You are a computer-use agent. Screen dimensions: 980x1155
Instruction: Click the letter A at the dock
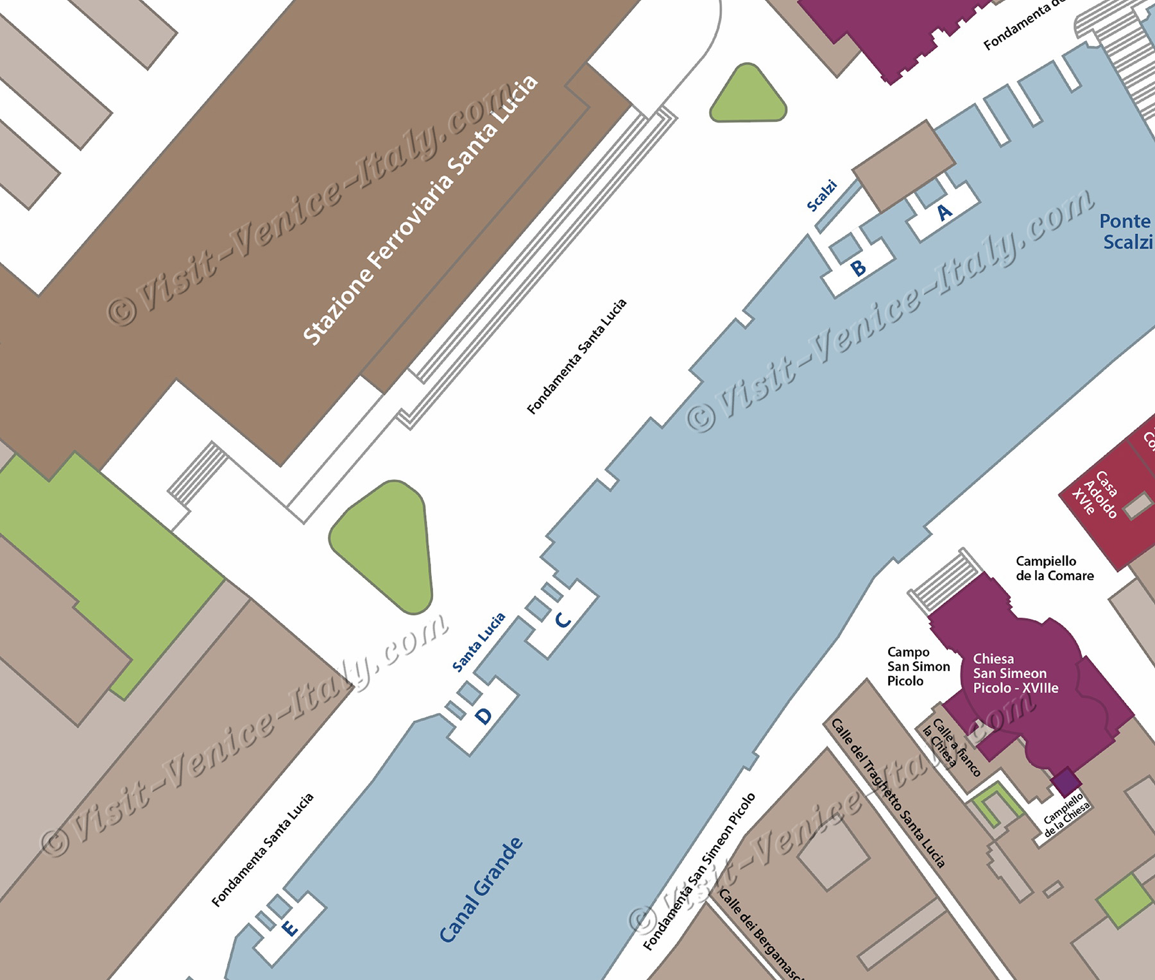point(945,212)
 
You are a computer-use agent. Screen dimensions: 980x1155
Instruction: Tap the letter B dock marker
point(859,268)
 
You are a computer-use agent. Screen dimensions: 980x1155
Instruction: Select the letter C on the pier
point(563,620)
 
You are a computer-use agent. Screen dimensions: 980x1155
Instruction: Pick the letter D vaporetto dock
point(484,716)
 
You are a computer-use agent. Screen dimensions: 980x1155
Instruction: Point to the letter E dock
point(290,928)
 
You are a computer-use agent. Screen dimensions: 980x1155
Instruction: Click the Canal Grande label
point(481,890)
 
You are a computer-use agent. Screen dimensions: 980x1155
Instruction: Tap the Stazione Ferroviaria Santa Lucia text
point(420,210)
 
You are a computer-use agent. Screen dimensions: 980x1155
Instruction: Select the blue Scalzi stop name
point(822,196)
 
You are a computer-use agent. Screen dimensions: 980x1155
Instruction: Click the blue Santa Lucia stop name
point(479,643)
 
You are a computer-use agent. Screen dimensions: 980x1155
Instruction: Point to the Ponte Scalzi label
point(1126,232)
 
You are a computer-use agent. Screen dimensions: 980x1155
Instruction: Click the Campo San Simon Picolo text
point(918,667)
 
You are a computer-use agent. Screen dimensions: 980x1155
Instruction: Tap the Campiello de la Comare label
point(1054,569)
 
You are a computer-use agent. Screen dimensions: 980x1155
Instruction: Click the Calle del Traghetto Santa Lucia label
point(888,793)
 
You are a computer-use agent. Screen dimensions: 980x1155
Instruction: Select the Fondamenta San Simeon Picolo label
point(699,872)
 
